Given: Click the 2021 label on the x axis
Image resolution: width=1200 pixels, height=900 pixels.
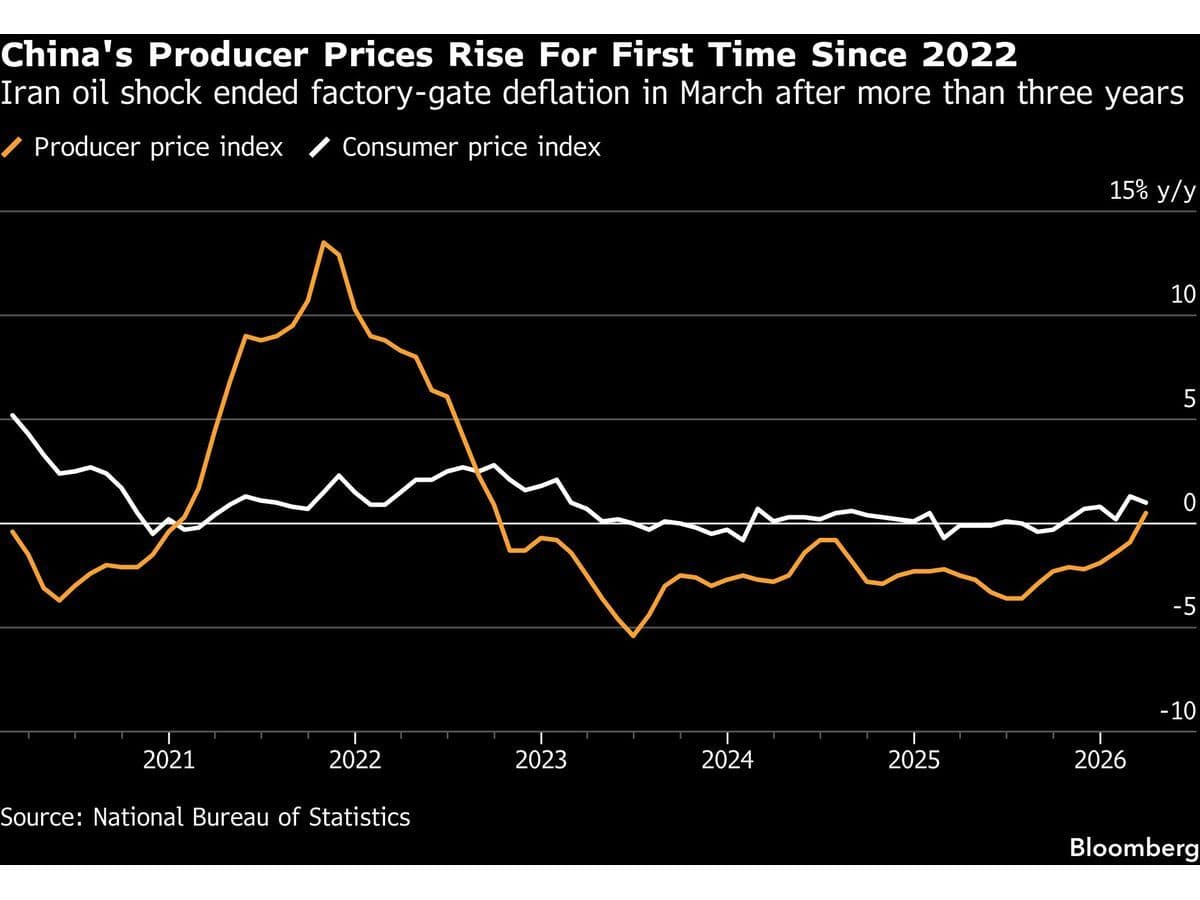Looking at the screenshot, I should coord(169,760).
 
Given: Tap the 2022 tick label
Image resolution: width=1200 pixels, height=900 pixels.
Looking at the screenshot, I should coord(355,760).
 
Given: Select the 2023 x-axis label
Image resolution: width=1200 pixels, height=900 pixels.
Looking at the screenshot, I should coord(541,760).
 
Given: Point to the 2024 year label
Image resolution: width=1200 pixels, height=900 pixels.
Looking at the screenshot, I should coord(727,760).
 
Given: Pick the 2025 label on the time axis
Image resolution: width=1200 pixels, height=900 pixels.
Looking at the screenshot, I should coord(914,760).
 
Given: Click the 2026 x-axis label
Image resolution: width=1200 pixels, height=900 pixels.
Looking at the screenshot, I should coord(1100,760).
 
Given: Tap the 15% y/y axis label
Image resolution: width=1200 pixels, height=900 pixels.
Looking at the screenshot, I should coord(1152,192).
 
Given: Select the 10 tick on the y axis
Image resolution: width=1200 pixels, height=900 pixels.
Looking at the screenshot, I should coord(1183,295).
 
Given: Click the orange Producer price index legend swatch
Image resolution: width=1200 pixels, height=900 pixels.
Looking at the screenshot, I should coord(14,148).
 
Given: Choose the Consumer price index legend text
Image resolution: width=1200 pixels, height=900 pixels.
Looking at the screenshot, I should coord(471,148).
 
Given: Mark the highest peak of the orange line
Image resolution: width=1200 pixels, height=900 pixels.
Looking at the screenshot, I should coord(323,242).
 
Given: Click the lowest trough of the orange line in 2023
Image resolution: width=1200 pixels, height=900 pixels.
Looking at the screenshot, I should coord(633,635).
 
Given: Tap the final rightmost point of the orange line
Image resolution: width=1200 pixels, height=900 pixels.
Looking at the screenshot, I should coord(1146,512).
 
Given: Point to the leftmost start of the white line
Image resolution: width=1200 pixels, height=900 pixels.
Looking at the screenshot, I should coord(12,414).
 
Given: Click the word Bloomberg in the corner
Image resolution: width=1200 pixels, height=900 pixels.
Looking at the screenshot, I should coord(1133,848).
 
